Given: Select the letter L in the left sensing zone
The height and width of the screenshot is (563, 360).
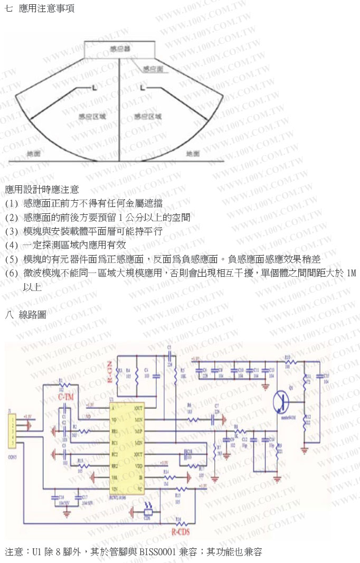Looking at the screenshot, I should tap(94, 87).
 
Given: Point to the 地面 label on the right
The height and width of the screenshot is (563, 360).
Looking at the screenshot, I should tap(193, 154).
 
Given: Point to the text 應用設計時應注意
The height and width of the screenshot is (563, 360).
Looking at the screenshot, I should tap(42, 189).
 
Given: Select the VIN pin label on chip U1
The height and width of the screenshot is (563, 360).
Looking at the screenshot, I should tap(114, 488).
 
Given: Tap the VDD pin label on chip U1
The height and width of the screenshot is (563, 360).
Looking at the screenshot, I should tap(139, 465).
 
